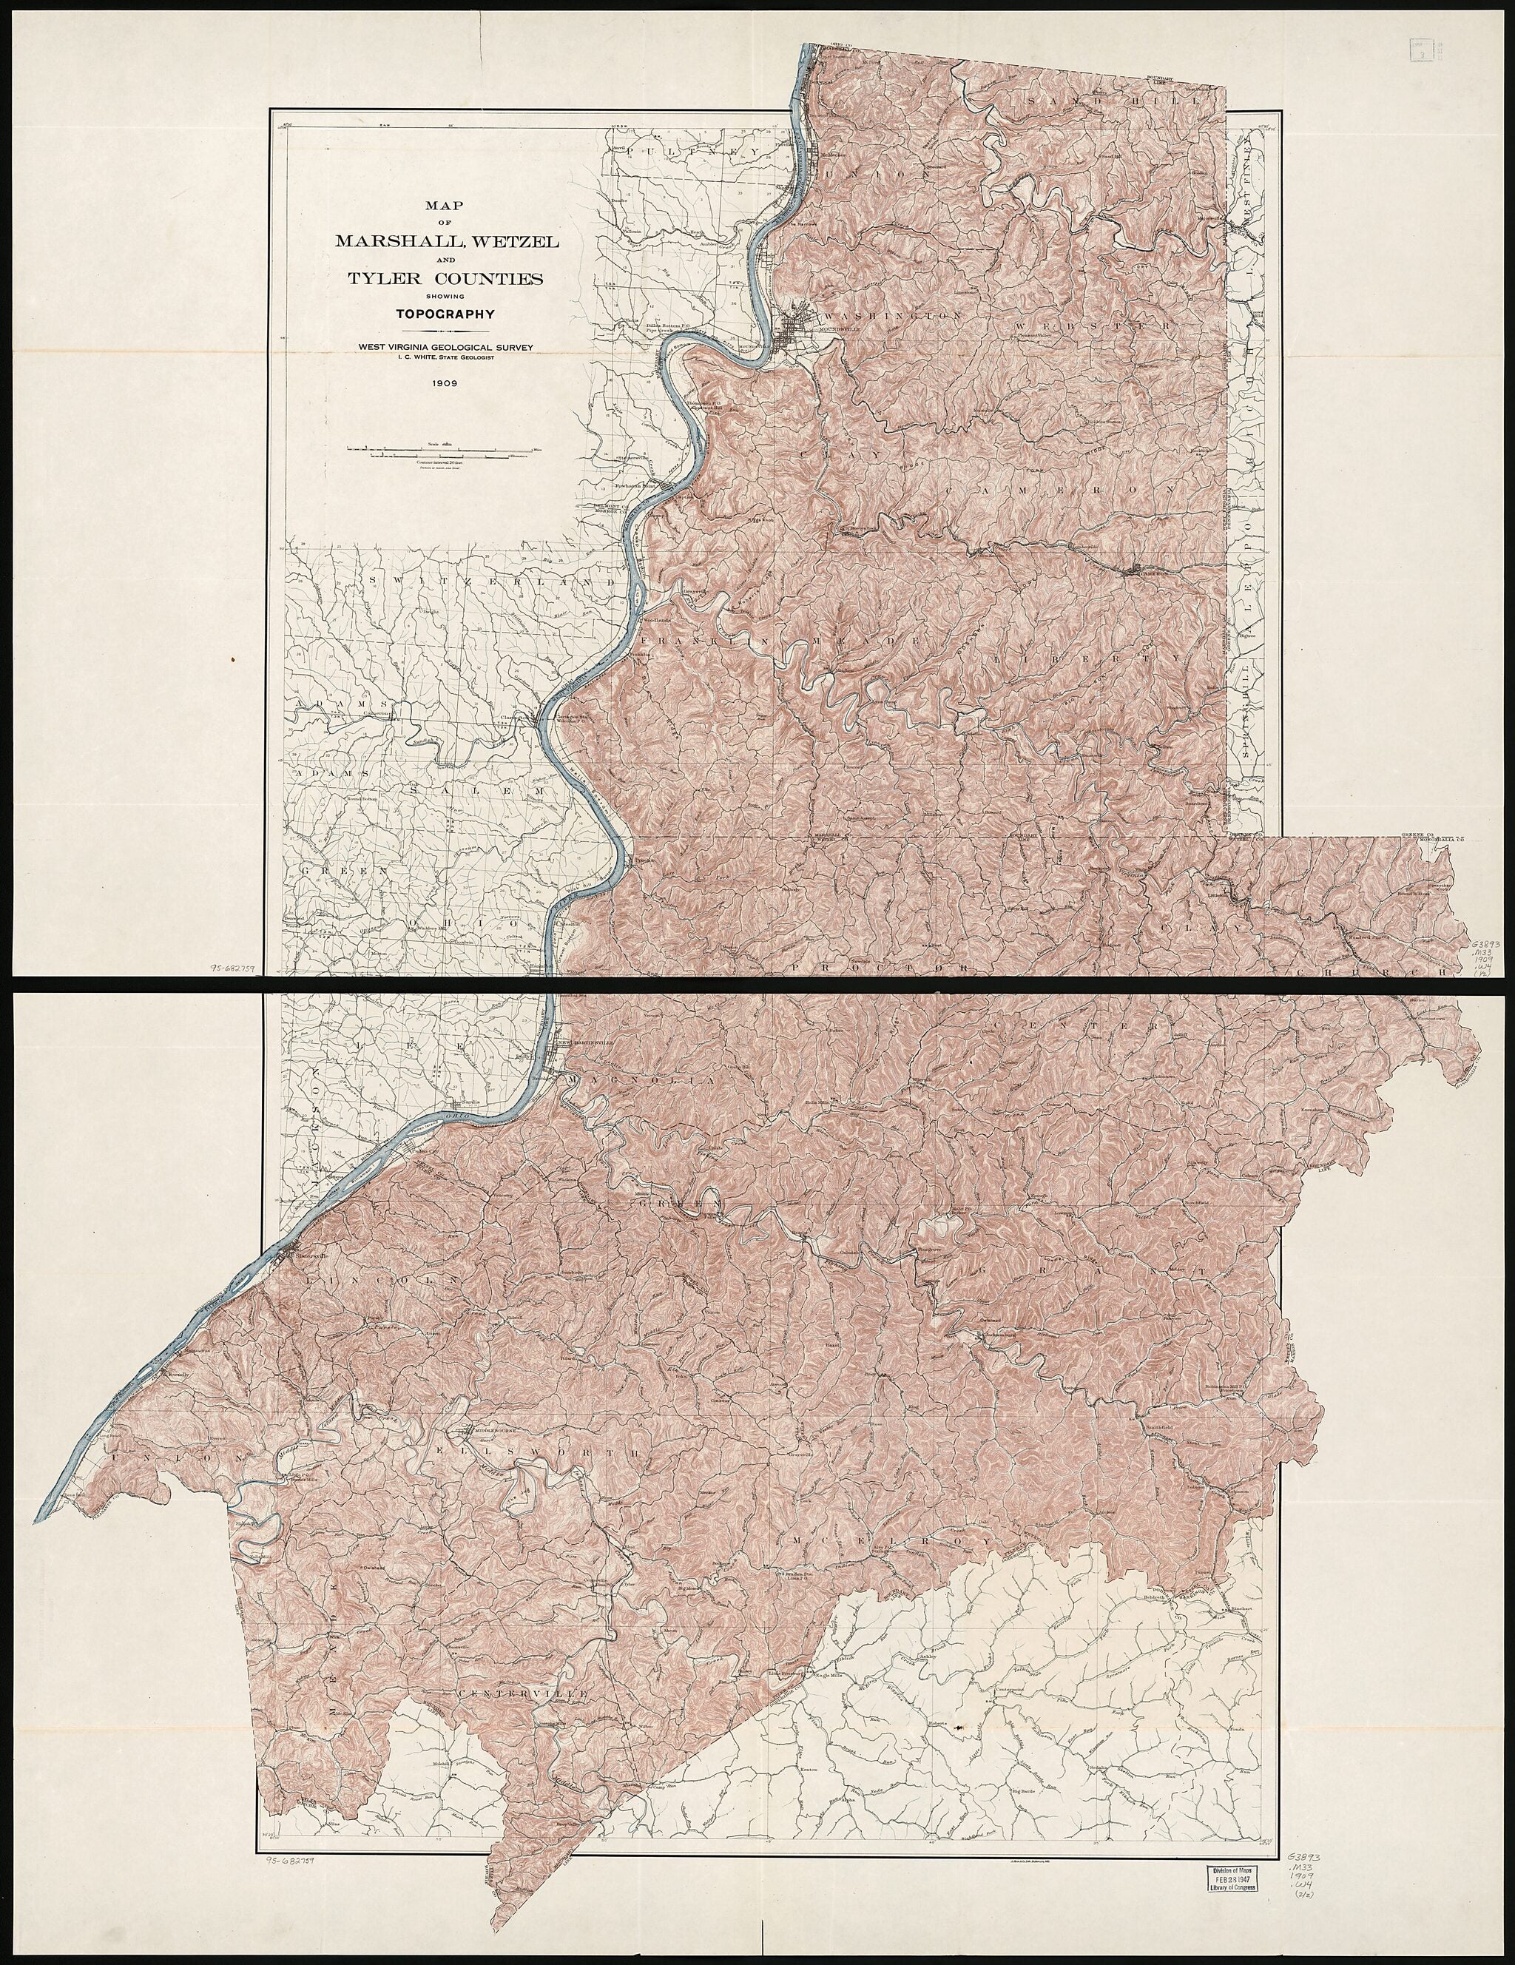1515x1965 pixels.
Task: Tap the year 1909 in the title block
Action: [445, 382]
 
